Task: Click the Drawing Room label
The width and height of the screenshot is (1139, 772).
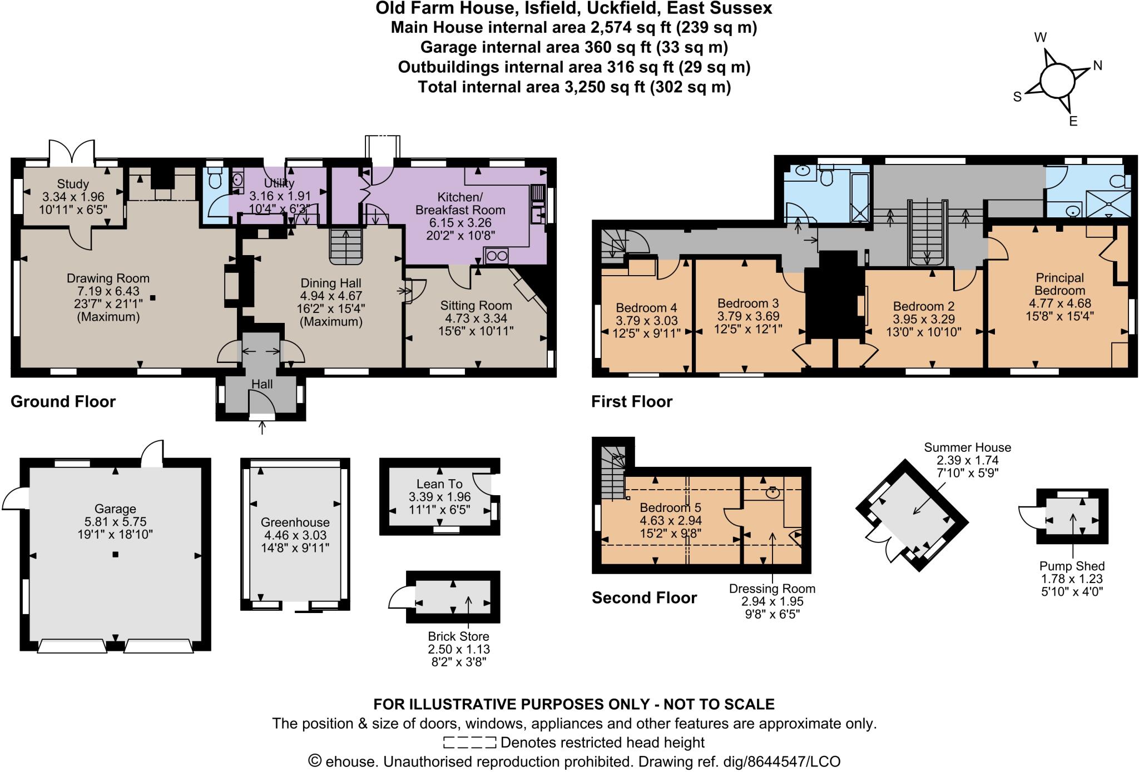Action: [x=108, y=278]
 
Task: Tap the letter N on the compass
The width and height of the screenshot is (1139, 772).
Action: [x=1097, y=66]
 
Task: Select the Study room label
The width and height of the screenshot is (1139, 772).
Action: [x=73, y=184]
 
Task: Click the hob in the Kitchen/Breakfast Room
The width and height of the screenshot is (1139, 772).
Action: [x=496, y=256]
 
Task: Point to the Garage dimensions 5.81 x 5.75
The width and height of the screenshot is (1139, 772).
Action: [x=115, y=522]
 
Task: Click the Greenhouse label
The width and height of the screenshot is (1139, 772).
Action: [x=295, y=522]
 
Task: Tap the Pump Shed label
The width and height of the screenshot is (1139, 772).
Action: [x=1072, y=566]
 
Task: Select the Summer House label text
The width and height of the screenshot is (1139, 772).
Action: [x=967, y=447]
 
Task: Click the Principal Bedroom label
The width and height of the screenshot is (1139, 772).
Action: [x=1059, y=284]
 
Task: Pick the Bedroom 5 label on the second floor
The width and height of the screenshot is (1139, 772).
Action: [x=670, y=507]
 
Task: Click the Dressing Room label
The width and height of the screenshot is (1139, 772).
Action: [x=772, y=589]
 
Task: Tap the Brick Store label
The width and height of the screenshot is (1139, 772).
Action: [x=458, y=636]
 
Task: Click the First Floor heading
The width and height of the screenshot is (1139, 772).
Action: [x=632, y=401]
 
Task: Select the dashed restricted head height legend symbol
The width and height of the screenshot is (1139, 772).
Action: [x=469, y=743]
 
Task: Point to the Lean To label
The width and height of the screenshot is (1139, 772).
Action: [x=439, y=484]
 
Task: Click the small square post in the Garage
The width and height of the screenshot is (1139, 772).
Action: [x=115, y=554]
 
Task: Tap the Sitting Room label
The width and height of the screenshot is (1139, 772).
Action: [x=476, y=305]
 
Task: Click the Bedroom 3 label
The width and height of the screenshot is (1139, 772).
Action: [x=748, y=303]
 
